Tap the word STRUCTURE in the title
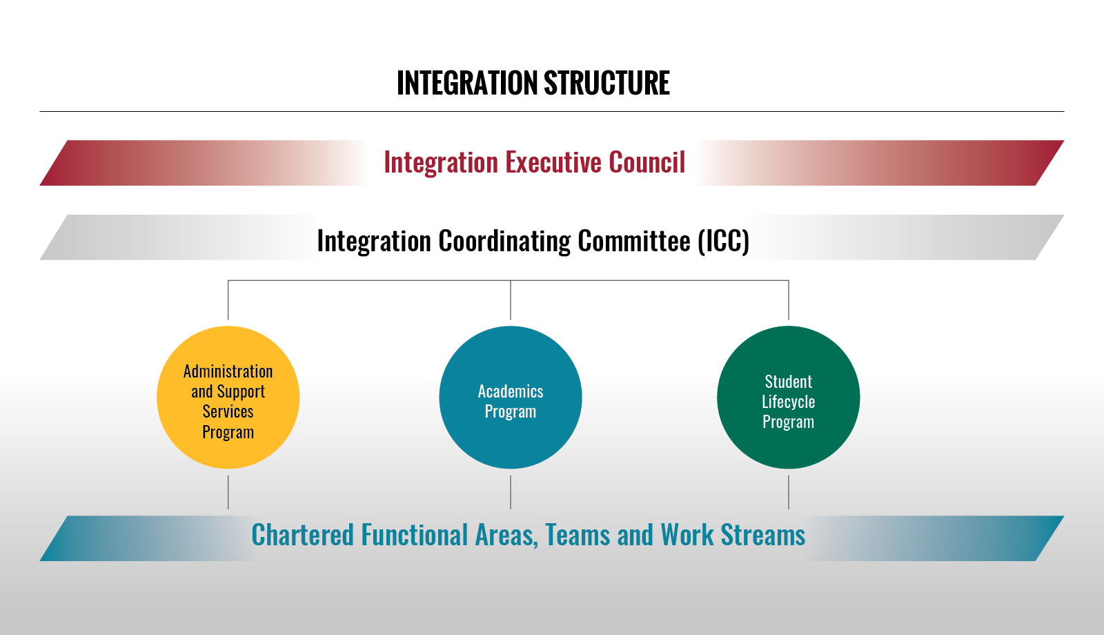click(607, 83)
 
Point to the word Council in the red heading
click(647, 162)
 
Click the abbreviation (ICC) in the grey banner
click(724, 241)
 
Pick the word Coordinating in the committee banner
click(504, 242)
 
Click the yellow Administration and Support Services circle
click(228, 398)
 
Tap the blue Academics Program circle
click(511, 398)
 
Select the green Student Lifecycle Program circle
click(789, 398)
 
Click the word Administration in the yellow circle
click(228, 371)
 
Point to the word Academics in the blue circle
click(511, 391)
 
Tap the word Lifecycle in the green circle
click(789, 402)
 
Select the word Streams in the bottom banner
click(763, 535)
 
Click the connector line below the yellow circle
click(228, 492)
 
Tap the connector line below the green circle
click(789, 492)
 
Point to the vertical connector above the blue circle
click(511, 300)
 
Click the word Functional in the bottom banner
click(415, 535)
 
